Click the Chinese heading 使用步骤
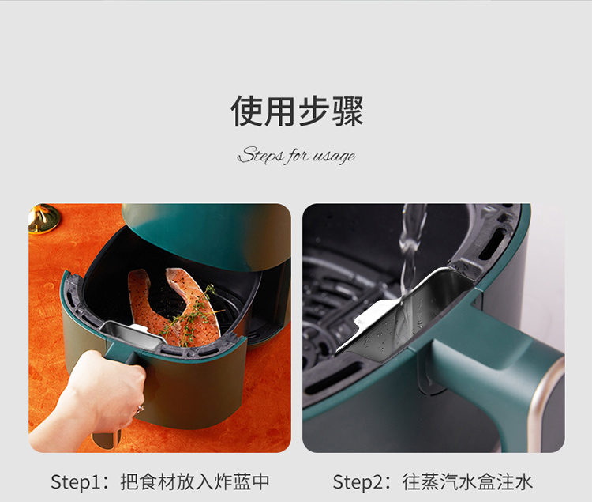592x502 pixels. [x=297, y=111]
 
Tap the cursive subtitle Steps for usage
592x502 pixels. [x=296, y=156]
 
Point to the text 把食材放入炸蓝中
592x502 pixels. [x=195, y=481]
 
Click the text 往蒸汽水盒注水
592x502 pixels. [x=467, y=481]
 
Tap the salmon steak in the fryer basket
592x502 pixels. [x=174, y=306]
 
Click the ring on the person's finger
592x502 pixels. [x=140, y=408]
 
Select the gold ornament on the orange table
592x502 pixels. [x=43, y=217]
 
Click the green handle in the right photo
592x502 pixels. [x=502, y=363]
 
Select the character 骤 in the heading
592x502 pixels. [x=348, y=111]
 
